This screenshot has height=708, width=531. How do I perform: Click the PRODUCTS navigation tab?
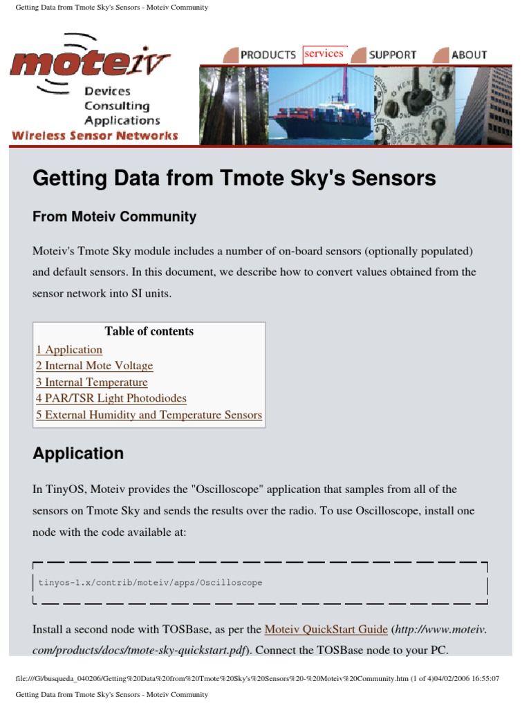268,55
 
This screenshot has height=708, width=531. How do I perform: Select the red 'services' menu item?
324,54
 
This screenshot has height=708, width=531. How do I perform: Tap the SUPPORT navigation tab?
392,55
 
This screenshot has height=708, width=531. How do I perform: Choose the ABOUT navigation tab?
469,55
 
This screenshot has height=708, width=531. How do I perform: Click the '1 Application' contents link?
69,350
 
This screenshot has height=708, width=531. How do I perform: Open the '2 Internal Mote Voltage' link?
95,366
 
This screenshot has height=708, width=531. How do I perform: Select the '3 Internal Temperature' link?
92,382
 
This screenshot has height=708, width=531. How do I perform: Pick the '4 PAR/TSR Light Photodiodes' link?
111,399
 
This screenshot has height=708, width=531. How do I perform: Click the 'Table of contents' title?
149,332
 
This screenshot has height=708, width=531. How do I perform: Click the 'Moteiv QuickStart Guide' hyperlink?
326,630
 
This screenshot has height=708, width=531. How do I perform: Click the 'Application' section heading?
78,454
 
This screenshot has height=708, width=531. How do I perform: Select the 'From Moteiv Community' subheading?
114,217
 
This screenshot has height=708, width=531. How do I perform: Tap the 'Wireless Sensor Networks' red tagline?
95,136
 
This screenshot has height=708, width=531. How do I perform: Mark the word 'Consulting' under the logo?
117,106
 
